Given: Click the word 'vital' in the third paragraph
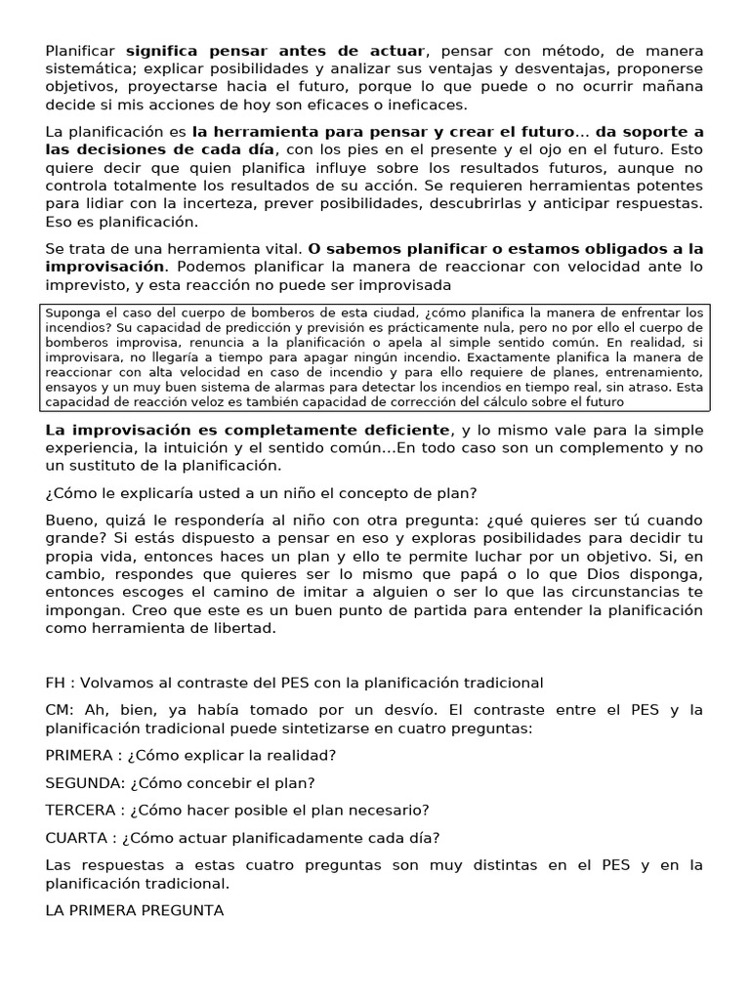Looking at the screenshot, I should [x=275, y=249].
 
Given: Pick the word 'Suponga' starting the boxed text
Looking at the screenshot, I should [x=69, y=312].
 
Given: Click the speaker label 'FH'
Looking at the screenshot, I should [x=57, y=682].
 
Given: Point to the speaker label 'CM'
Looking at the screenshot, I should [x=59, y=710].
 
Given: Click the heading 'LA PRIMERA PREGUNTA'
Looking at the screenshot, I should [x=135, y=910].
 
